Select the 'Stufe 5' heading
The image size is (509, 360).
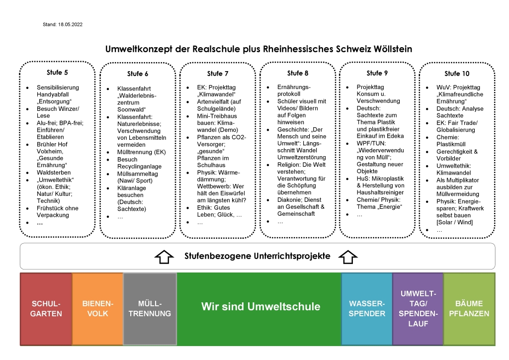click(57, 73)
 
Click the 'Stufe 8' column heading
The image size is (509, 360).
click(298, 74)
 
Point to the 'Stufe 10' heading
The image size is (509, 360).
click(456, 74)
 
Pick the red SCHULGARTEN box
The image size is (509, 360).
click(46, 308)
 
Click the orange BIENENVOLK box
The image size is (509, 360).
click(97, 308)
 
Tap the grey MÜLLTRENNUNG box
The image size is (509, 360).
click(150, 308)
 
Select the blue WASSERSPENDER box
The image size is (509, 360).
click(367, 308)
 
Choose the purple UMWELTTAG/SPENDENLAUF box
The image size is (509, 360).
click(418, 308)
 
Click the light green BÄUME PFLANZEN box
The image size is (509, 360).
click(469, 308)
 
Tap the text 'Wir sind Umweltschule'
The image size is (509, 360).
click(260, 306)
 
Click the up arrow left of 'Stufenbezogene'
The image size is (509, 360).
click(164, 257)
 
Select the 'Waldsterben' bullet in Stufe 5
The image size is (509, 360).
click(54, 173)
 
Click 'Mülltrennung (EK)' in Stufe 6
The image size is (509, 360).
click(135, 152)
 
